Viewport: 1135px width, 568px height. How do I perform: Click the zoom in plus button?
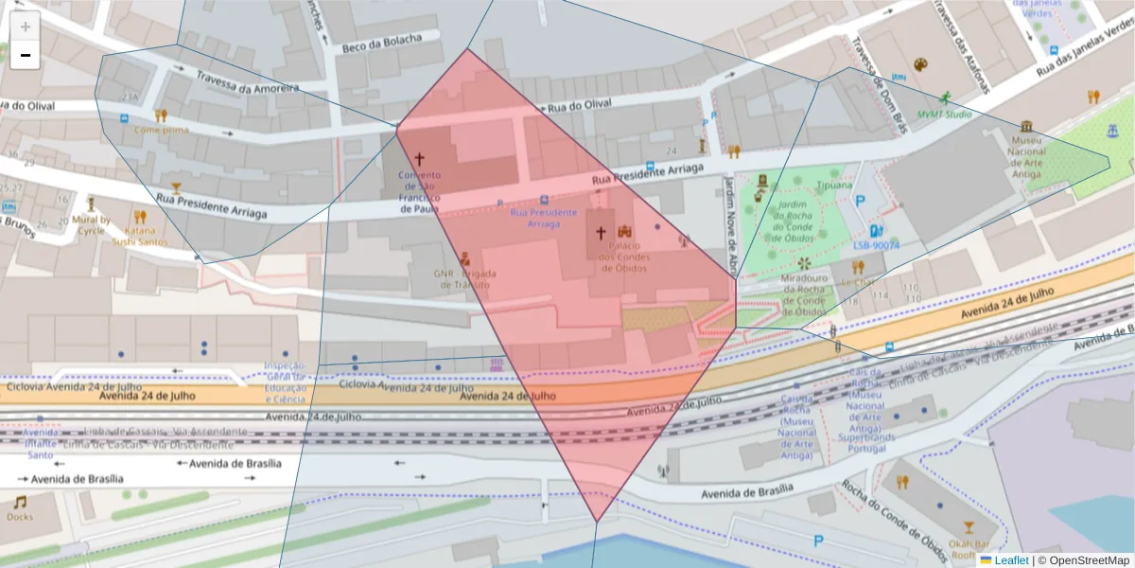pos(26,27)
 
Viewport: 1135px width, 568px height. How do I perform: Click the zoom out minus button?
pos(26,55)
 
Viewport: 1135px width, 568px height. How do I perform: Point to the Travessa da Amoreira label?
pos(247,82)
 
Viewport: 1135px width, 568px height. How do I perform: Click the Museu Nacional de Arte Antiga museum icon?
pos(1026,127)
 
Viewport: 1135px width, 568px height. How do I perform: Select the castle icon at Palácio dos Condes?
pos(624,231)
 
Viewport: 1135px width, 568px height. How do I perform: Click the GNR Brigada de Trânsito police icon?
pos(464,258)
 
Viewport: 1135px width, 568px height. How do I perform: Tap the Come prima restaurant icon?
pos(161,115)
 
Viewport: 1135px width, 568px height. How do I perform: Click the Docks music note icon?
pos(19,502)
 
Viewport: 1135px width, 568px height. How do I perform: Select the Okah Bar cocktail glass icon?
pos(968,527)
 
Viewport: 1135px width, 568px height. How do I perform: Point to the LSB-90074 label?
pos(876,245)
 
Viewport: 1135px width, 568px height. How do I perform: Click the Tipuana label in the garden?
pos(835,186)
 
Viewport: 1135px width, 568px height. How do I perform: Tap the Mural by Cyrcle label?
pos(92,225)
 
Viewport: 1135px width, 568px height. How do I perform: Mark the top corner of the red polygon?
pos(467,48)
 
